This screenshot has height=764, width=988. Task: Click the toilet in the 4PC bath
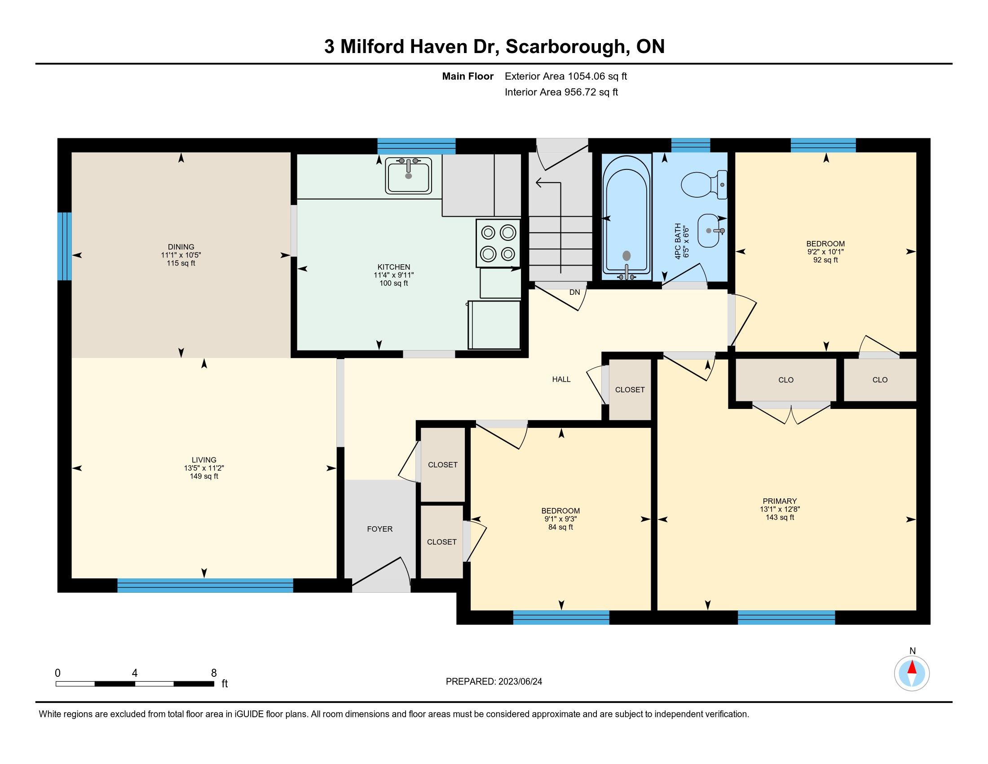click(704, 185)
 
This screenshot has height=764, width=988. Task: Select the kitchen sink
click(409, 175)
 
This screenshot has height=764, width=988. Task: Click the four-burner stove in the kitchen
click(498, 243)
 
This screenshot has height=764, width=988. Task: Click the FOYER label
click(379, 529)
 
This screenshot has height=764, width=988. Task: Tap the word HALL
click(561, 379)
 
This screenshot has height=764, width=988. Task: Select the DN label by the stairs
click(574, 293)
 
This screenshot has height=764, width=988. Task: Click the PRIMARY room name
click(780, 501)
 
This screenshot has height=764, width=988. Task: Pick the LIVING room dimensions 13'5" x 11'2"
click(204, 468)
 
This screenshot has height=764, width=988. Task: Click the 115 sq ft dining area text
click(181, 263)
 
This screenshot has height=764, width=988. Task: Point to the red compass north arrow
click(912, 667)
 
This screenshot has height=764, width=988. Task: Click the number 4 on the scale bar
click(135, 673)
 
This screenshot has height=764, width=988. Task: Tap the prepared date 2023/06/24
click(520, 681)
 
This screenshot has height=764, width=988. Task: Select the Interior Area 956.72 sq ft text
click(561, 92)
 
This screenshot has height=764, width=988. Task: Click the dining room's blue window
click(64, 246)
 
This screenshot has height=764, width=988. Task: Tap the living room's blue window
click(205, 585)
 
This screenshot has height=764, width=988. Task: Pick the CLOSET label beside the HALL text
click(630, 389)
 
